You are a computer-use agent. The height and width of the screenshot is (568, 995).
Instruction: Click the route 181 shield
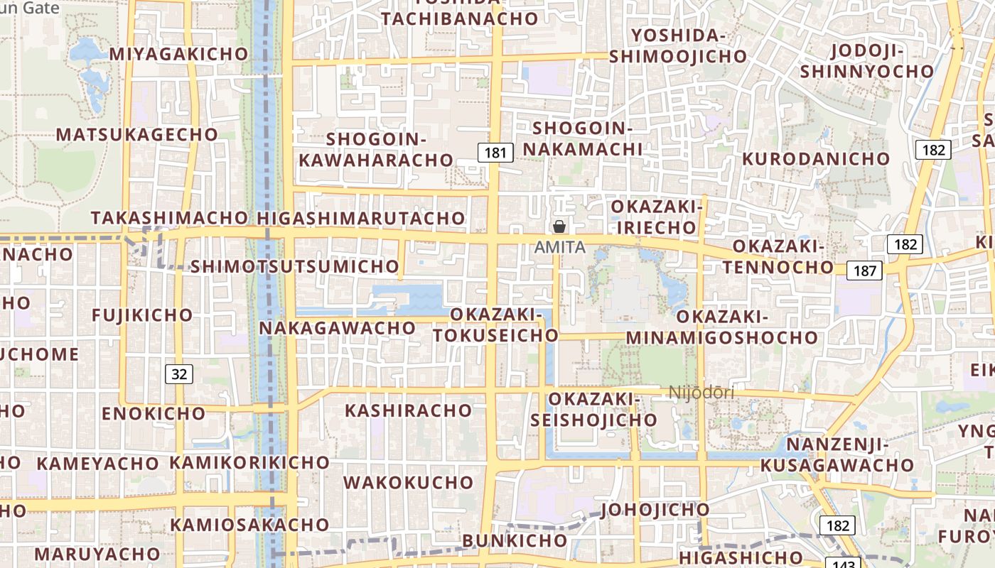pyautogui.click(x=496, y=152)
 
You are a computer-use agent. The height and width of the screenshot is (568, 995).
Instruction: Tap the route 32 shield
pyautogui.click(x=179, y=373)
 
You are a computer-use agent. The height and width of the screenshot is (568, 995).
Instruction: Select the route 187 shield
pyautogui.click(x=865, y=271)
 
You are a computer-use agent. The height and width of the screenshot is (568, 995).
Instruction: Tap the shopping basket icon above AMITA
pyautogui.click(x=559, y=226)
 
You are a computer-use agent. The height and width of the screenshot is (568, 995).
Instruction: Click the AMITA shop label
pyautogui.click(x=560, y=247)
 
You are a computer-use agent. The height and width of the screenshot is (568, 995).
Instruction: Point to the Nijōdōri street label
pyautogui.click(x=701, y=392)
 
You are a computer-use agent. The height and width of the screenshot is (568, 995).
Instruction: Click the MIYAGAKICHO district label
pyautogui.click(x=178, y=54)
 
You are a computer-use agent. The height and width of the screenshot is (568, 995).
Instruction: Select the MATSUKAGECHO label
pyautogui.click(x=137, y=134)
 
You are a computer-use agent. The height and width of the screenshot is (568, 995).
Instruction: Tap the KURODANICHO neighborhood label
pyautogui.click(x=816, y=159)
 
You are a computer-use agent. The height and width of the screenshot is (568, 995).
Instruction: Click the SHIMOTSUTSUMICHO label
pyautogui.click(x=294, y=266)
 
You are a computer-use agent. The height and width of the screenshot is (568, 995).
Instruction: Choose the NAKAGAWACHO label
pyautogui.click(x=337, y=328)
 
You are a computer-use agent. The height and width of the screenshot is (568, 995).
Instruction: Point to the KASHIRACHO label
pyautogui.click(x=408, y=410)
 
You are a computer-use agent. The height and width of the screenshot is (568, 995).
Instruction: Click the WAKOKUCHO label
pyautogui.click(x=408, y=483)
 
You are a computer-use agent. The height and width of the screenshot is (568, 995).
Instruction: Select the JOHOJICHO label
pyautogui.click(x=655, y=510)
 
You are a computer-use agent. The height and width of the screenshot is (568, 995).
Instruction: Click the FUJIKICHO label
pyautogui.click(x=142, y=315)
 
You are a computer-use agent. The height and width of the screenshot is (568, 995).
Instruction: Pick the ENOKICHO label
pyautogui.click(x=153, y=413)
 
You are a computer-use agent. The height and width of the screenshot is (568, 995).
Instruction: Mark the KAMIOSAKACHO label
pyautogui.click(x=249, y=525)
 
